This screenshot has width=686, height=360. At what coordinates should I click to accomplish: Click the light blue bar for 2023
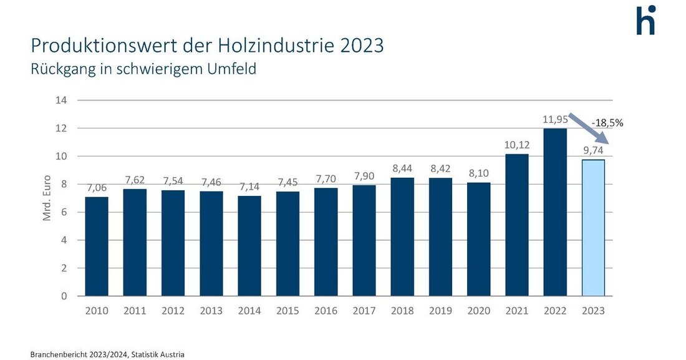coord(593,228)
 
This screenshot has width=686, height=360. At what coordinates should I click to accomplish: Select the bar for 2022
coord(555,212)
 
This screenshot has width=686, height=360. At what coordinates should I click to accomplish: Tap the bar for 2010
coord(97,246)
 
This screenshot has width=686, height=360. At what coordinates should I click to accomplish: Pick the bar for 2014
coord(249,246)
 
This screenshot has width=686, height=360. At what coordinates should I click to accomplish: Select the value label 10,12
coord(517,144)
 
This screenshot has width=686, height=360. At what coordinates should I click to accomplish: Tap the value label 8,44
coord(402,168)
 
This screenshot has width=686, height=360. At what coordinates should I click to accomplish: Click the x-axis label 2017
coord(364,310)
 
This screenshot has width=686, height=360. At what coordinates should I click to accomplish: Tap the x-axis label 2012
coord(173,310)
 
